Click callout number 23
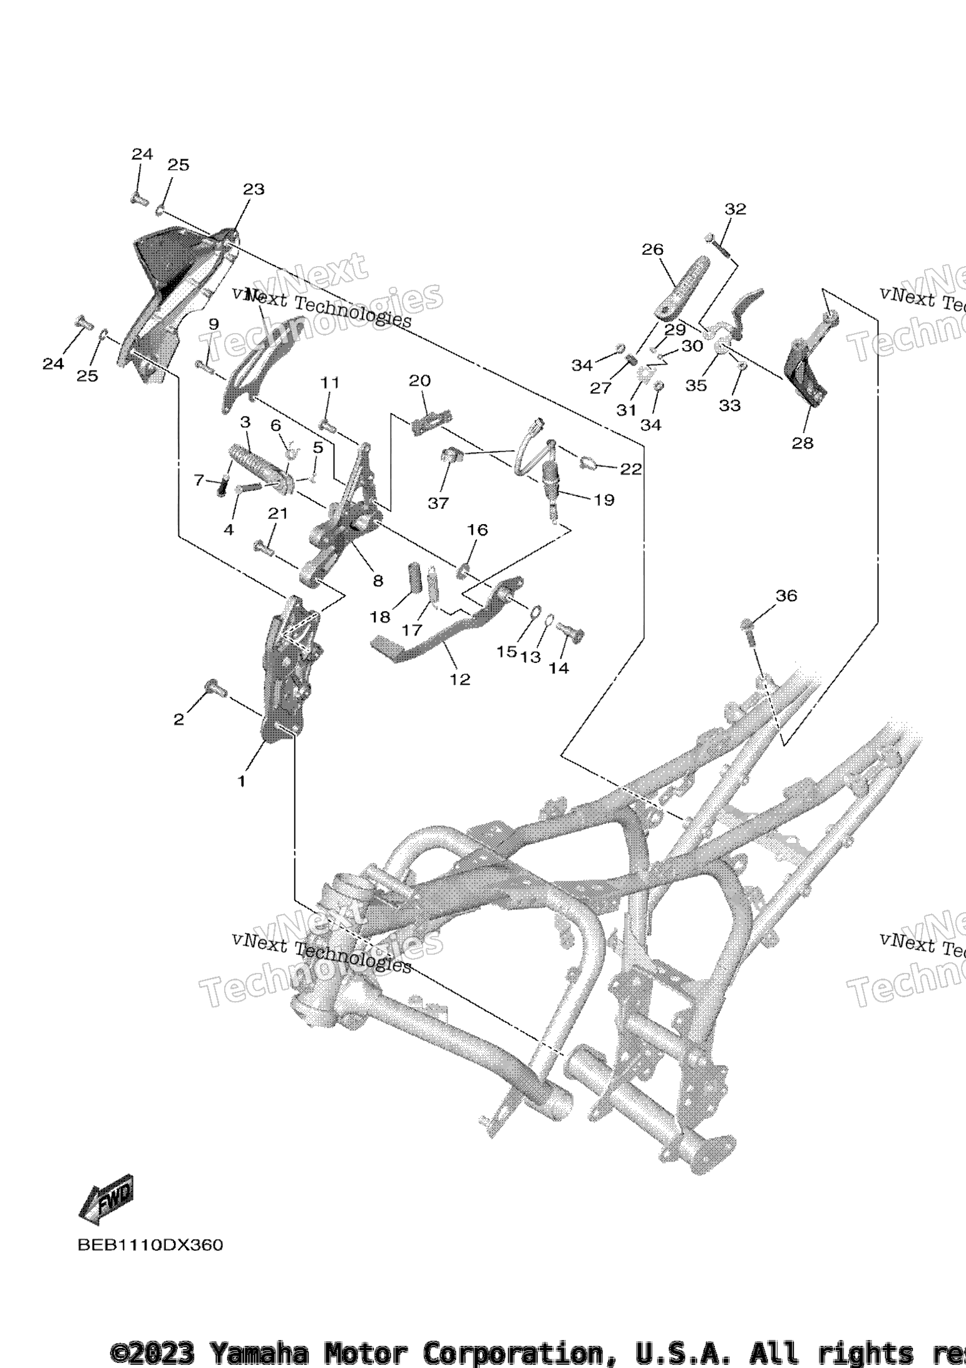tap(254, 189)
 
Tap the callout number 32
tap(736, 209)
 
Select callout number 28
tap(803, 443)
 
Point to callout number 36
tap(786, 595)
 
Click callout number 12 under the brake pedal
tap(460, 679)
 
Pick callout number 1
tap(241, 781)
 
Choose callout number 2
tap(179, 719)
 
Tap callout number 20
tap(420, 381)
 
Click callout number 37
tap(438, 503)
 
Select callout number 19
tap(604, 500)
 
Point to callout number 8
tap(378, 581)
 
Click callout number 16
tap(477, 530)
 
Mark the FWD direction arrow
tap(106, 1200)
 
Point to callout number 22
tap(630, 469)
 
